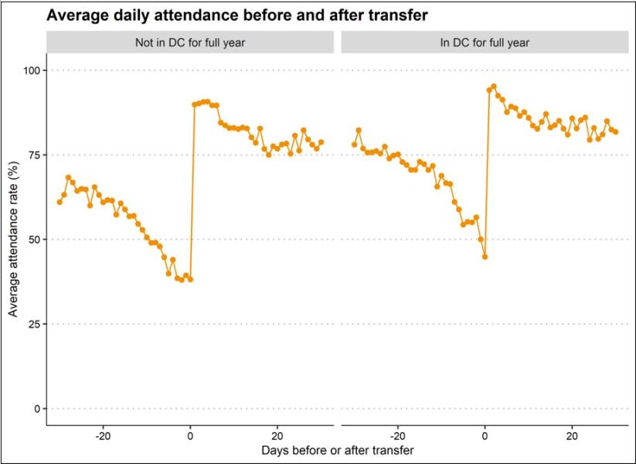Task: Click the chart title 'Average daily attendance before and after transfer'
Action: click(x=237, y=15)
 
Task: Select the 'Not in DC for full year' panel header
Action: click(x=190, y=43)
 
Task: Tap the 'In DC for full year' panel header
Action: click(x=485, y=43)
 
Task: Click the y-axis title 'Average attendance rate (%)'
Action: click(x=13, y=240)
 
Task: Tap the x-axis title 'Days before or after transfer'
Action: click(x=338, y=450)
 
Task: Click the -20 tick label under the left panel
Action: click(x=103, y=438)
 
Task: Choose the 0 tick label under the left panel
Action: click(x=190, y=438)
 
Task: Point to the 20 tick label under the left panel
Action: click(x=277, y=438)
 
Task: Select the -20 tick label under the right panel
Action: click(x=397, y=438)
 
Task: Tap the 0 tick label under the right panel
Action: click(x=485, y=438)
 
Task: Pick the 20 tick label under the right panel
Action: click(x=572, y=438)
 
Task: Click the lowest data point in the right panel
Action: click(x=485, y=257)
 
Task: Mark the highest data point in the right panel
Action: click(x=494, y=86)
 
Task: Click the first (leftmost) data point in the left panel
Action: click(x=60, y=202)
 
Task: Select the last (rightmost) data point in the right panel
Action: click(x=616, y=131)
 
